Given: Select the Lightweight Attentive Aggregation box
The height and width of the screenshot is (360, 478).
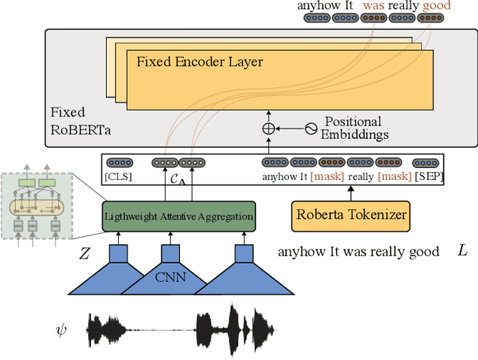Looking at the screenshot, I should point(179,216).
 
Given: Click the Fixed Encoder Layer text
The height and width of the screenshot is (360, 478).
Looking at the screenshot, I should point(199,61).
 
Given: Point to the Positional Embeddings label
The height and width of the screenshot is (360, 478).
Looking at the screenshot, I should point(353,128).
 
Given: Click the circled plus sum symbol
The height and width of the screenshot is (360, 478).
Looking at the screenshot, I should point(268,128).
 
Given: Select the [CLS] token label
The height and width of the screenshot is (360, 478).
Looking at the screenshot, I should point(118,177).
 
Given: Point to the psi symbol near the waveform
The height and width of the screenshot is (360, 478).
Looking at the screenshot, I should point(61,328).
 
